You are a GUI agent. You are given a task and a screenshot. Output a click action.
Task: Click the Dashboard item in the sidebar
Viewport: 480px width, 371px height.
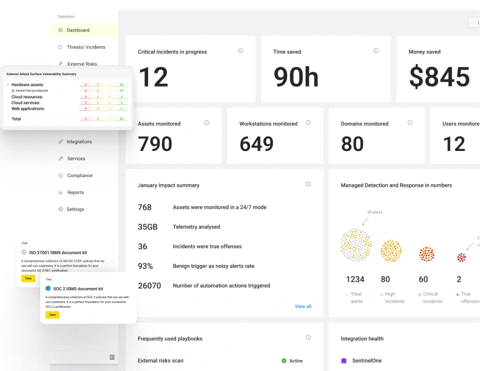click(x=78, y=30)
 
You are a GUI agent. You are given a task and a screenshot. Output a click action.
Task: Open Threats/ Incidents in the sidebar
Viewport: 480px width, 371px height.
click(x=86, y=47)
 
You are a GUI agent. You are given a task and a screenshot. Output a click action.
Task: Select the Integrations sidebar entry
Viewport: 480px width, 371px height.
click(x=79, y=142)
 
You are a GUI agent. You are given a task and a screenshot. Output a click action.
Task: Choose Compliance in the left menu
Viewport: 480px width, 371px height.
click(x=79, y=176)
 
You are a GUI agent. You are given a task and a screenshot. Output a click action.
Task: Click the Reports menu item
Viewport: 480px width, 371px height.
click(x=75, y=193)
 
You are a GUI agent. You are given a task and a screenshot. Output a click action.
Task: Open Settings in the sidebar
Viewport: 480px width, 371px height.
click(x=75, y=210)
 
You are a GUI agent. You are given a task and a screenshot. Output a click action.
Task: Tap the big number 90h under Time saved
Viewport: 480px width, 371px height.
click(x=296, y=78)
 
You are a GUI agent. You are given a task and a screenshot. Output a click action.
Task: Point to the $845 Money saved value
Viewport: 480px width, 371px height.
click(x=439, y=78)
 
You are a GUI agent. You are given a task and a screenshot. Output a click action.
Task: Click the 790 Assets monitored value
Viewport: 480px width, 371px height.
click(x=155, y=144)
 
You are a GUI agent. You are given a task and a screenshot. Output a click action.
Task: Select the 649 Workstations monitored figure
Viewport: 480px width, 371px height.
click(x=265, y=144)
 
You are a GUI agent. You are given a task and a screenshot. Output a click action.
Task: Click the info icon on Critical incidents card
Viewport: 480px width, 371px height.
click(x=241, y=51)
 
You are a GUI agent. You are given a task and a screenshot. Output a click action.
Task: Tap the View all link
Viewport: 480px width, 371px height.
click(x=303, y=307)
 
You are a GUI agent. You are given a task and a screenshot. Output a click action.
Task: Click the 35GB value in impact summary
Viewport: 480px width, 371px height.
click(x=147, y=227)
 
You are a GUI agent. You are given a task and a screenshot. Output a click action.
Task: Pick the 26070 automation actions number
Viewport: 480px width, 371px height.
click(x=149, y=286)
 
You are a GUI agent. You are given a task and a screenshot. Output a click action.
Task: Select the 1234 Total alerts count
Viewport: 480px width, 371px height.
click(x=355, y=279)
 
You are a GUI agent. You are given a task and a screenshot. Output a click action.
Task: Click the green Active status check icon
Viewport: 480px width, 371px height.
click(x=284, y=361)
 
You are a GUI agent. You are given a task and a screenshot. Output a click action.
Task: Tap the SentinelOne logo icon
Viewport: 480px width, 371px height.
click(x=343, y=361)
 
